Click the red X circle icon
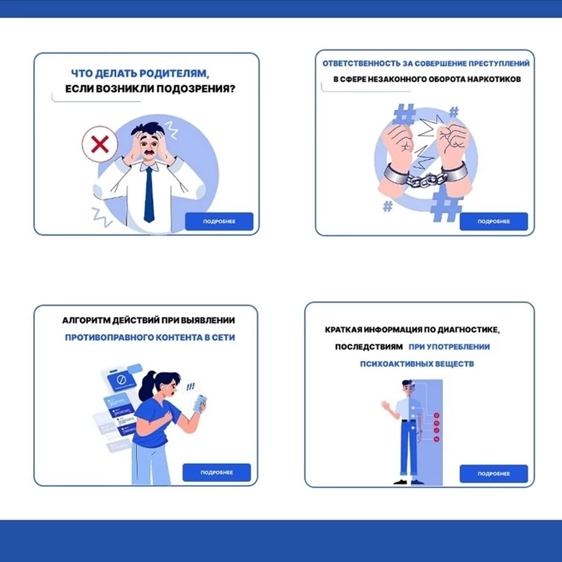[x=100, y=144]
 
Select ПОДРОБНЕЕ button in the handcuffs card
[x=493, y=222]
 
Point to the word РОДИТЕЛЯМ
[x=174, y=74]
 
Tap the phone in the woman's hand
[x=200, y=403]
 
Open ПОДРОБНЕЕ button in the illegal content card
[x=216, y=473]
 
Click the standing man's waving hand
[x=386, y=406]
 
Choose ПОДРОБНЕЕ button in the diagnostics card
[x=493, y=474]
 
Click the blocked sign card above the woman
[x=121, y=380]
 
